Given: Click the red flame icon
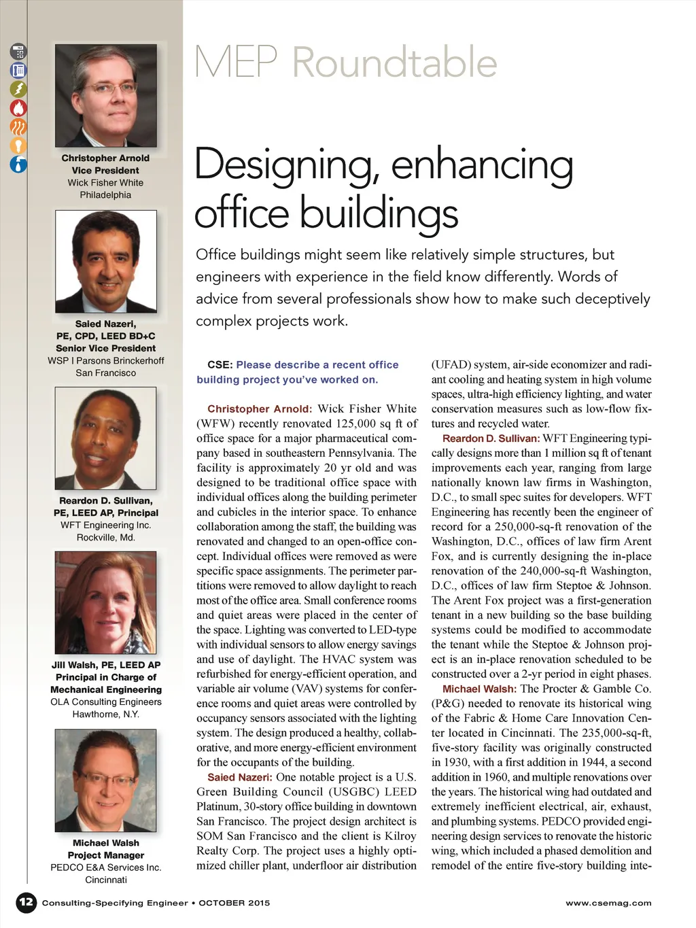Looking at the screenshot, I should point(18,107).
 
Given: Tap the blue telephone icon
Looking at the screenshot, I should point(18,70).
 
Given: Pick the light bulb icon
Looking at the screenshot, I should point(18,145).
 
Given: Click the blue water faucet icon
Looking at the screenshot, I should point(18,164).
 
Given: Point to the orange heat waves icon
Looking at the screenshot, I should point(18,126).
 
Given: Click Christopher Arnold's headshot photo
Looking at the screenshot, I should point(105,96).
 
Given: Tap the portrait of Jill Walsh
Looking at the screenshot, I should point(105,602).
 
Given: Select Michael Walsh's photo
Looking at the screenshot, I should point(105,780).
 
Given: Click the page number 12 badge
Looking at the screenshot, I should point(26,902).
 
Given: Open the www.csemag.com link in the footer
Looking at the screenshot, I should point(608,903).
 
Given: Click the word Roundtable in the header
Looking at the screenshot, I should point(394,63).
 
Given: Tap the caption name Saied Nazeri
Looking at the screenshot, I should point(105,324).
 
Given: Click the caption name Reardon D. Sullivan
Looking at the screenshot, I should point(105,500).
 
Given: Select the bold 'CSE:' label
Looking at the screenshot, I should point(220,365).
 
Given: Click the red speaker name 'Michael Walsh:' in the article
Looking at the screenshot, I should point(479,689).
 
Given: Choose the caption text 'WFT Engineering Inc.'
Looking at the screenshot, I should point(105,525).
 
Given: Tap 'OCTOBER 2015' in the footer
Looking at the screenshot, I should point(234,903).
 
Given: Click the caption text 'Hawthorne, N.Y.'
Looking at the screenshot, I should point(105,714).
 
